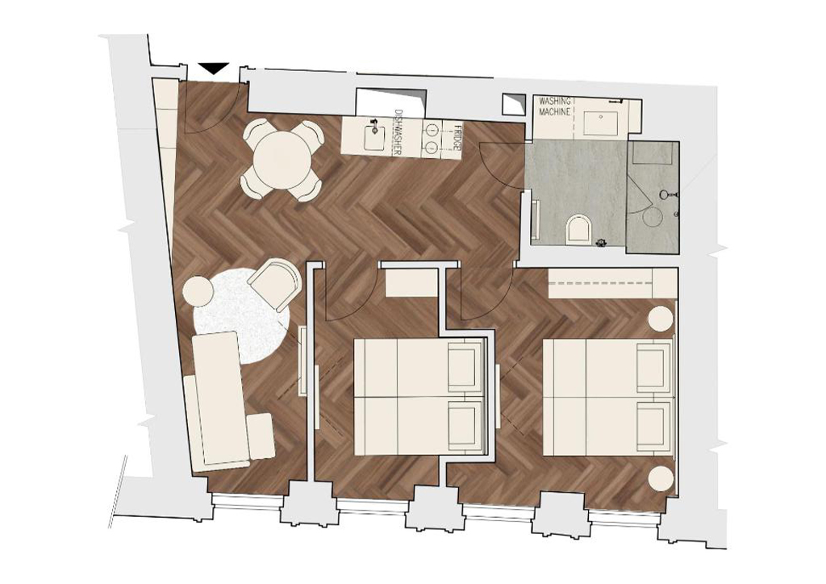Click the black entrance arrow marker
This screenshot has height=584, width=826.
coord(213,69)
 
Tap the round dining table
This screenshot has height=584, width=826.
coord(282,160)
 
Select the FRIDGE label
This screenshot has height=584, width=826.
coord(457,137)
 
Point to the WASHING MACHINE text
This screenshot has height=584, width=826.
coord(553,106)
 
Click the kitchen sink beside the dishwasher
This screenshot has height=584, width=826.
coord(374,136)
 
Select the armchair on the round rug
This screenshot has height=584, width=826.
coord(274,283)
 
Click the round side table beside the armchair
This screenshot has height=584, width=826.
coord(198,291)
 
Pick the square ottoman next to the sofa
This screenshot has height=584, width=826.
coord(261,436)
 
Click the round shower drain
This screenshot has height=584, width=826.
coord(655,216)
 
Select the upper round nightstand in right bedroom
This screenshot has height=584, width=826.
coord(661,319)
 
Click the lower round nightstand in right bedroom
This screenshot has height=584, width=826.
coord(661,480)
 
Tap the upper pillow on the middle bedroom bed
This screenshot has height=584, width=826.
coord(465,366)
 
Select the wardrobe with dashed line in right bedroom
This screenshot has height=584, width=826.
coord(613,283)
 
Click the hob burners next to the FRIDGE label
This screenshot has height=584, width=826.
coord(432,137)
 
